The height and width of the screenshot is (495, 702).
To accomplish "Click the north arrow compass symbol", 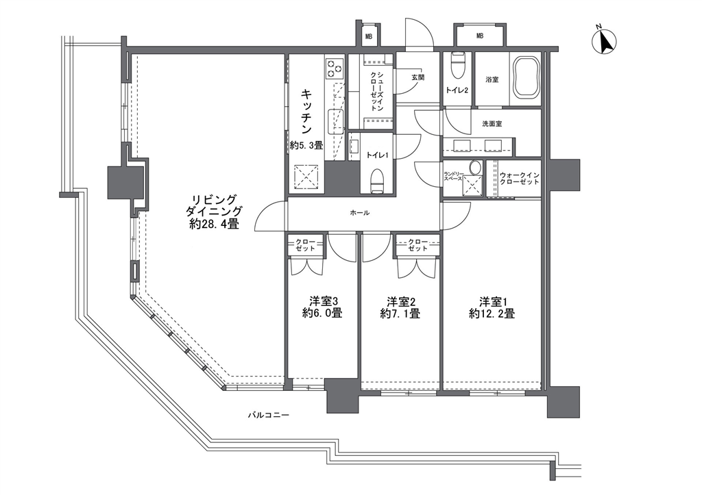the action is click(604, 42).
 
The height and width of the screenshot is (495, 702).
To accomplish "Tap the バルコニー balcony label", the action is click(269, 415).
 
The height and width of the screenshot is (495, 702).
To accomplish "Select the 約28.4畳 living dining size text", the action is click(214, 224).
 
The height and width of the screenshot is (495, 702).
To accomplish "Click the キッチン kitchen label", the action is click(306, 112).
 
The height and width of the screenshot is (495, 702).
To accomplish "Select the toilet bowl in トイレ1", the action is click(378, 181).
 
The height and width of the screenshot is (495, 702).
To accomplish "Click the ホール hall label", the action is click(359, 214).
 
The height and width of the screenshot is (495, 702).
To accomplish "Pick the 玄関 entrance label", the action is click(417, 77).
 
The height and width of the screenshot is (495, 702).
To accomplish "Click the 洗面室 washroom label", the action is click(492, 123).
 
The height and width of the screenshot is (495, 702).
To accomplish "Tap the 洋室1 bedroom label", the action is click(492, 301).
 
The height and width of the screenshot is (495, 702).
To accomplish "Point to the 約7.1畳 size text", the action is click(400, 314).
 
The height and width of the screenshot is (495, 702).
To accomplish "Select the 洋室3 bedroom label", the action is click(322, 301).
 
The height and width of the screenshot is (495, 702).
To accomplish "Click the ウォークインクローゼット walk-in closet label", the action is click(520, 179).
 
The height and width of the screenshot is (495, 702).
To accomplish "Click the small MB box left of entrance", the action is click(368, 36).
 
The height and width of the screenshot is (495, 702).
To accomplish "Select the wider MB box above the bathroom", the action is click(479, 36).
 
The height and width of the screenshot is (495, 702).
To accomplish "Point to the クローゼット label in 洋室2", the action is click(417, 245).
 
